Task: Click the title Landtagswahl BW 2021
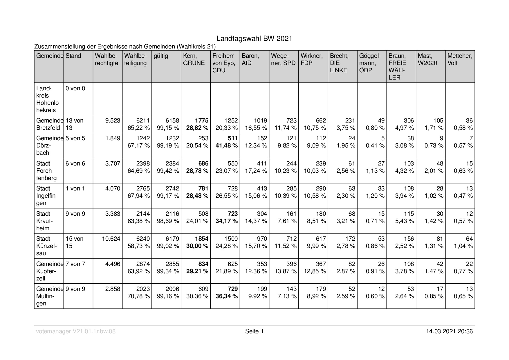tap(254, 39)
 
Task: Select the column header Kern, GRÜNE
tap(194, 60)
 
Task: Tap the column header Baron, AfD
tap(250, 60)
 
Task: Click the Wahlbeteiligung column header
tap(136, 60)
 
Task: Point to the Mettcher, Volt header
tap(460, 60)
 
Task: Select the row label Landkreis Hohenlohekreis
tap(48, 99)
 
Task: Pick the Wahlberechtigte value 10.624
tap(111, 239)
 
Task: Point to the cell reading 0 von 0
tap(75, 89)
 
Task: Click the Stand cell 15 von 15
tap(75, 242)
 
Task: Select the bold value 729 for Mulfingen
tap(233, 289)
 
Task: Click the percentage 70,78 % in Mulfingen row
tap(139, 296)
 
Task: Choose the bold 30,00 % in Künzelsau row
tap(197, 246)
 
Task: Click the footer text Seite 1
tap(254, 331)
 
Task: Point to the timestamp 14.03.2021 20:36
tap(450, 331)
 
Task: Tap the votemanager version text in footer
tap(76, 331)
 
